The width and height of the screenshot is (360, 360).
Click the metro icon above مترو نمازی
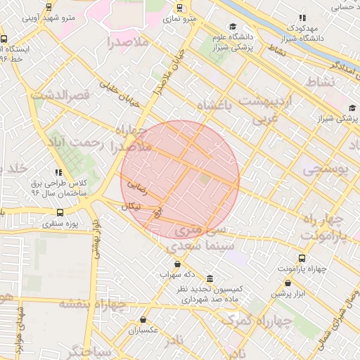tap(181, 8)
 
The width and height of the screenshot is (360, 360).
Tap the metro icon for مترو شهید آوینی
tap(48, 7)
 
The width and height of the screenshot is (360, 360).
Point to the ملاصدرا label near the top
tap(129, 42)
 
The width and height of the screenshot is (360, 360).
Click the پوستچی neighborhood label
tap(324, 169)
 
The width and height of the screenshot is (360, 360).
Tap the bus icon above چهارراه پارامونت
tap(302, 259)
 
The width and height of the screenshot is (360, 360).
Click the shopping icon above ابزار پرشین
tap(288, 283)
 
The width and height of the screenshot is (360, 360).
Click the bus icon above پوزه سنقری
tap(60, 212)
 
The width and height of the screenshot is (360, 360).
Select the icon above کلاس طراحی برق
tap(58, 172)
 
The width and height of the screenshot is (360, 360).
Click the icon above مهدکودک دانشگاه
tap(302, 18)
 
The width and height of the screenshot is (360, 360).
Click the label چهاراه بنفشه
tap(91, 304)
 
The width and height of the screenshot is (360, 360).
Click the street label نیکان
tap(131, 207)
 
